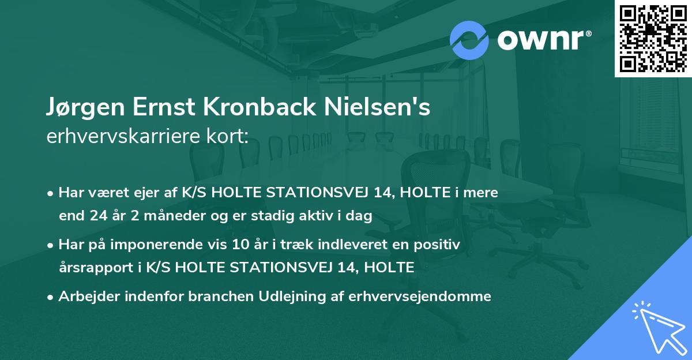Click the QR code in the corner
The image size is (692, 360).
click(x=653, y=38)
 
